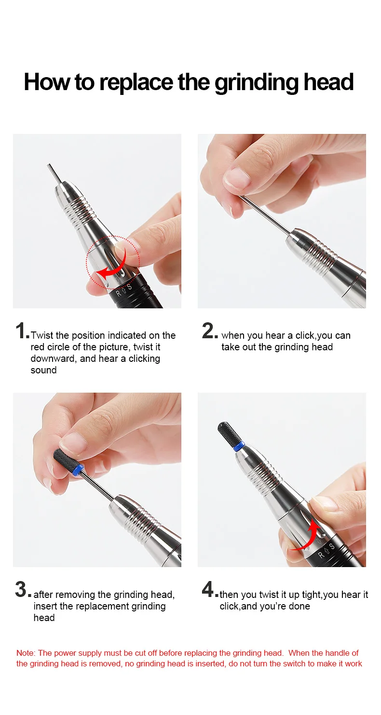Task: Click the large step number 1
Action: coord(21,331)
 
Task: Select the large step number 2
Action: coord(208,331)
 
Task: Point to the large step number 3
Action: coord(21,590)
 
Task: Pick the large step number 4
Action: coord(208,590)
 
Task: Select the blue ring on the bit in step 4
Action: coord(239,446)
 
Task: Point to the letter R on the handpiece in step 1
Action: coord(119,293)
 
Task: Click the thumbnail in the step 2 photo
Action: coord(237,178)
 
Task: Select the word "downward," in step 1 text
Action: coord(54,358)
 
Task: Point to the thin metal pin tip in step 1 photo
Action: coord(49,166)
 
